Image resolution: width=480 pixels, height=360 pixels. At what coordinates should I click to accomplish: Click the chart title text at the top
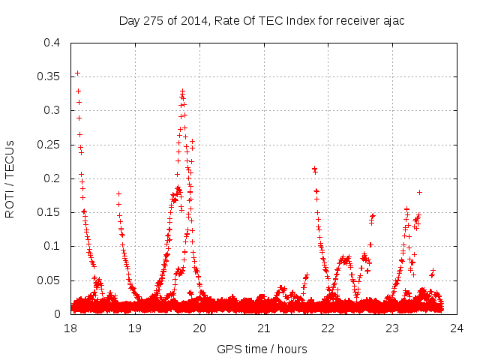[x=262, y=20]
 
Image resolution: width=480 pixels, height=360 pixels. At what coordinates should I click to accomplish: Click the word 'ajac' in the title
[x=393, y=20]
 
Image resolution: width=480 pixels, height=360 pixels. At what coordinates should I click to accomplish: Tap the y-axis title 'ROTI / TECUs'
[x=10, y=178]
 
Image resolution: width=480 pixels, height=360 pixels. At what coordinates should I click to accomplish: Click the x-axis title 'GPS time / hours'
[x=262, y=349]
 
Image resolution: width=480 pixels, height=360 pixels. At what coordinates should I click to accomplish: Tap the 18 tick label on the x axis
[x=70, y=328]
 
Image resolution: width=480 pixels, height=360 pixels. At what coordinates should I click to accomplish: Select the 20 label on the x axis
[x=199, y=328]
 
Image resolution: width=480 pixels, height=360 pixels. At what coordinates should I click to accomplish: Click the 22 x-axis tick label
[x=328, y=328]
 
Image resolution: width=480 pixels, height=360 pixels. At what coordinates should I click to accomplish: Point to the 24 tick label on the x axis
[x=457, y=328]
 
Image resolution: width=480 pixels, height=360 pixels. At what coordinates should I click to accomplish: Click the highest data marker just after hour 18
[x=77, y=73]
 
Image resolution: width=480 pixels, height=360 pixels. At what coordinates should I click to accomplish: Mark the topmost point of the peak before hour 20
[x=182, y=91]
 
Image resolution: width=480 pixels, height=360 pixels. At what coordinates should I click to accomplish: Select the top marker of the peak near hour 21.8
[x=314, y=169]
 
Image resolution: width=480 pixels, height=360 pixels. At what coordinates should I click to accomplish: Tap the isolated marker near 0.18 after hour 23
[x=419, y=192]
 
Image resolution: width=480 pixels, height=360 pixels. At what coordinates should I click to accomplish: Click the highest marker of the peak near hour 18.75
[x=118, y=193]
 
